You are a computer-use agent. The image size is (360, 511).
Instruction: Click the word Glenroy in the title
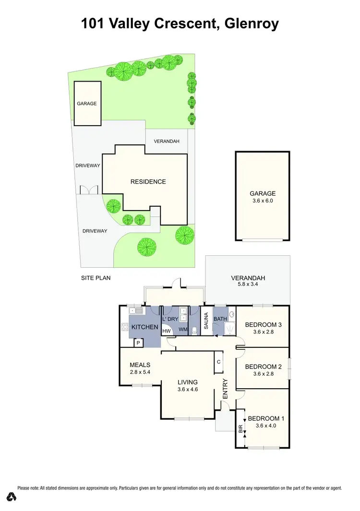[251, 24]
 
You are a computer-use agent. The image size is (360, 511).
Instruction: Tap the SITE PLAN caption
[96, 278]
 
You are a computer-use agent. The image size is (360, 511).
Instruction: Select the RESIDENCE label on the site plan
[148, 182]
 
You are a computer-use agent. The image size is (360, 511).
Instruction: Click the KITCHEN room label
[145, 327]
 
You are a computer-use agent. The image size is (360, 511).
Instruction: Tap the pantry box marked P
[138, 343]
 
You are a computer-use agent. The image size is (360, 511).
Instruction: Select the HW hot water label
[167, 331]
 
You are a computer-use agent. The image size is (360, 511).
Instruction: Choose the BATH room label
[220, 319]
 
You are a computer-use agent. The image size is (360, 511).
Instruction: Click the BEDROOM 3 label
[263, 325]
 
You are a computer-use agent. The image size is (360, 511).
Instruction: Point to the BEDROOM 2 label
[263, 367]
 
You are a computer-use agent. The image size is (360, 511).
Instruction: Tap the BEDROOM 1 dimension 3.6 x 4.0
[266, 426]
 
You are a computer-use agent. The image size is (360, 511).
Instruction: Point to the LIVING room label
[188, 382]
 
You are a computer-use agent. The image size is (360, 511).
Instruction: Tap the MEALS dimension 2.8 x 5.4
[140, 372]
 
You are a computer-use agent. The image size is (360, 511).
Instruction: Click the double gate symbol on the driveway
[90, 190]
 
